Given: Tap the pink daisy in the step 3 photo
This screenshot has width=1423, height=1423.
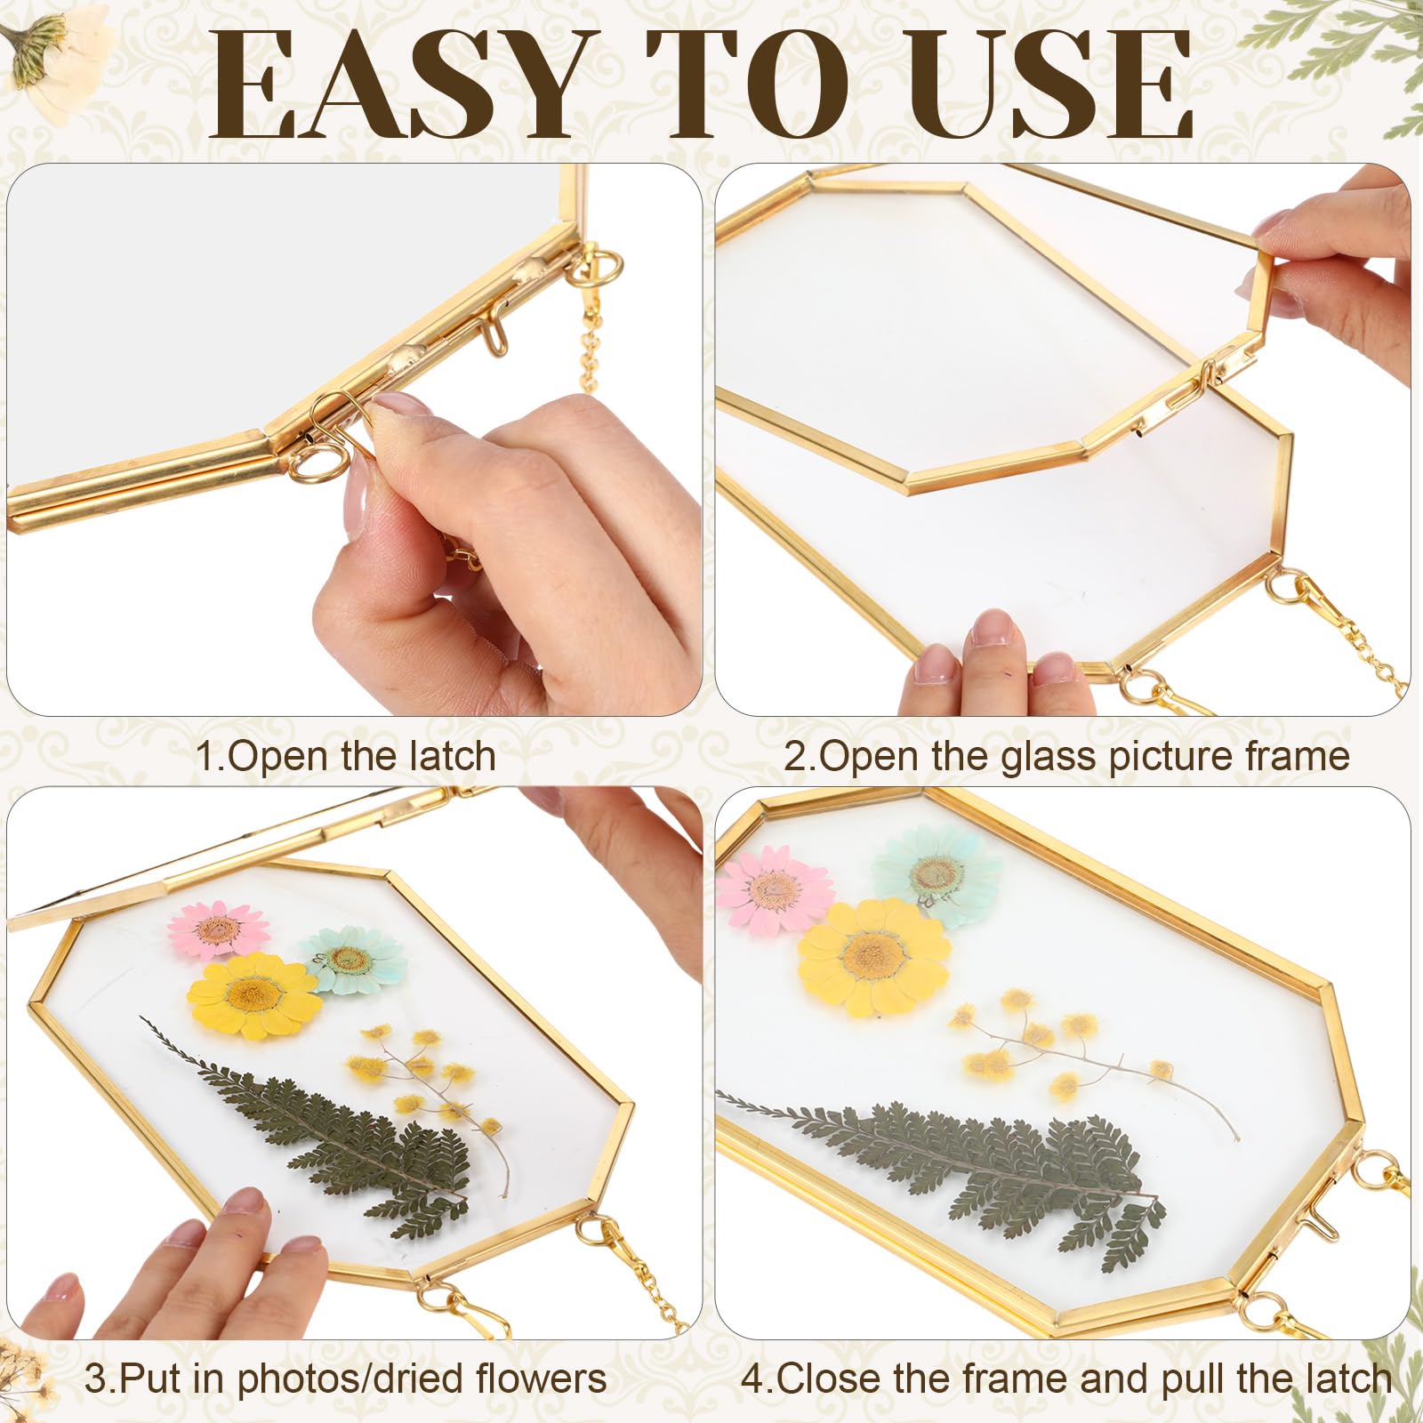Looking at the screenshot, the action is coord(218,930).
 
